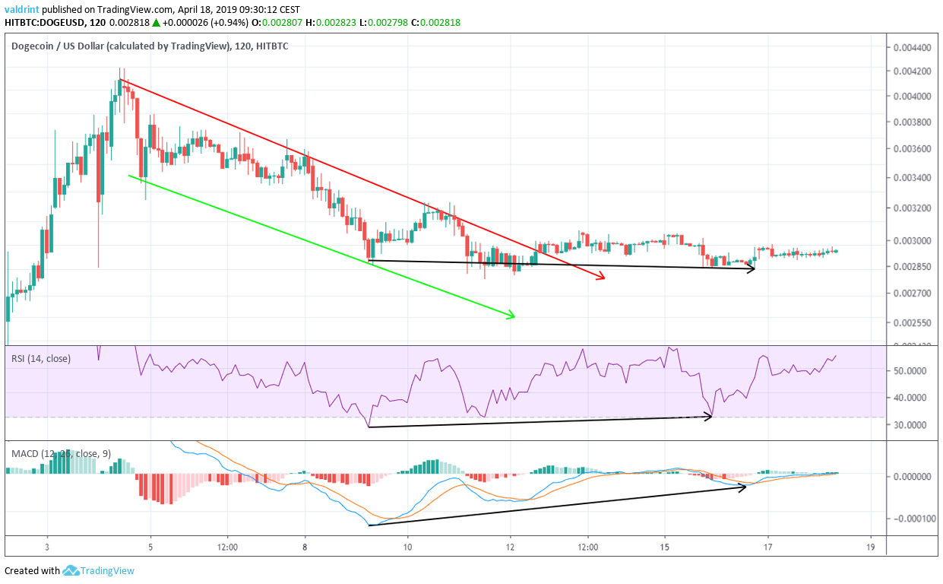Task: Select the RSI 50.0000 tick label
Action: [914, 371]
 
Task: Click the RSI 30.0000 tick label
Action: [914, 425]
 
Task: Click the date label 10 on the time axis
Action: [408, 547]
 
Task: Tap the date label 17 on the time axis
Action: [767, 547]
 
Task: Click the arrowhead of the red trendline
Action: [603, 278]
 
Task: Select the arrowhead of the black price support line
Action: [752, 268]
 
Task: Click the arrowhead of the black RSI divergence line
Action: [710, 416]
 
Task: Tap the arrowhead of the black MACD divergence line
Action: [745, 486]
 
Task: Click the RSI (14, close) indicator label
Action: [41, 358]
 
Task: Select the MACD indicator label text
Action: [61, 454]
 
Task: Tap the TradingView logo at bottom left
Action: [98, 570]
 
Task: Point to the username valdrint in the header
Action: [26, 9]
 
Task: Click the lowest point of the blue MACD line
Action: [369, 525]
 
